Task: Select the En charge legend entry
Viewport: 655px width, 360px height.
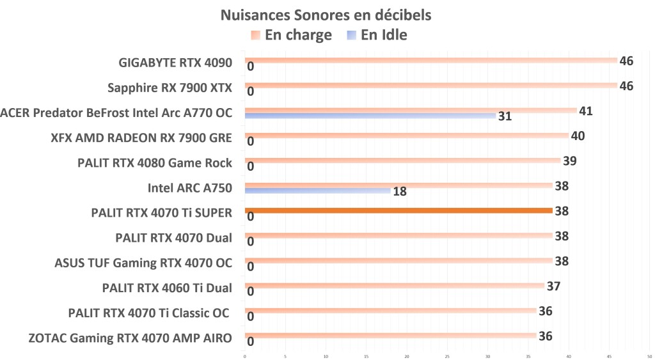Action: pos(292,35)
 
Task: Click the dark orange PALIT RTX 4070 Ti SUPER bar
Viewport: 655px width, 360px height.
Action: pos(398,210)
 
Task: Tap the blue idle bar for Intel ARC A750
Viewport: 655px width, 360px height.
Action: pos(319,191)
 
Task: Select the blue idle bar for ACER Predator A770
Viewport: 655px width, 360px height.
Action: pos(370,116)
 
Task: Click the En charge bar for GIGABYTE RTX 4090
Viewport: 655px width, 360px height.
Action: pos(430,60)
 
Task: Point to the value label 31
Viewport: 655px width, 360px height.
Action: pos(505,116)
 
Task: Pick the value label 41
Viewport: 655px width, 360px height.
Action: pos(585,111)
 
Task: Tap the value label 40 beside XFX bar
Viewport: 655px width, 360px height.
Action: pos(578,136)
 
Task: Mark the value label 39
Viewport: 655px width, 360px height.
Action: pos(570,160)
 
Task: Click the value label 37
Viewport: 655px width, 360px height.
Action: pos(553,286)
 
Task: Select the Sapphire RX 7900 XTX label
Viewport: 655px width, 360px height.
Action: pos(170,88)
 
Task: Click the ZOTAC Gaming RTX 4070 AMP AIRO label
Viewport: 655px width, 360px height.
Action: pos(130,338)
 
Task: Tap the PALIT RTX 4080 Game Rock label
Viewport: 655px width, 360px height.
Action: pos(154,163)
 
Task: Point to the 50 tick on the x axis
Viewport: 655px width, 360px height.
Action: pos(649,356)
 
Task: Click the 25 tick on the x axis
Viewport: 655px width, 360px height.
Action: pos(447,356)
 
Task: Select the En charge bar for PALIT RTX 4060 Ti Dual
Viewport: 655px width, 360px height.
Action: pos(394,286)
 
